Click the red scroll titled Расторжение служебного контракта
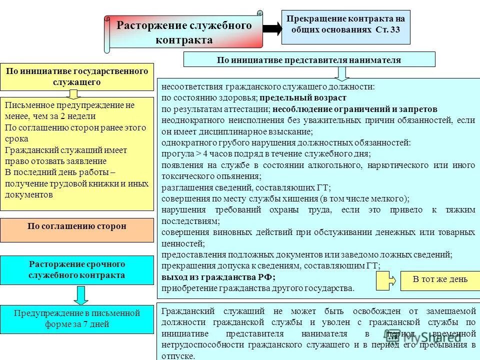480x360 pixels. [184, 32]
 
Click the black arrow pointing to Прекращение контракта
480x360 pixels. [272, 28]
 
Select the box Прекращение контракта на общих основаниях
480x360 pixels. [345, 23]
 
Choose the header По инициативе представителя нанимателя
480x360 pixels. [309, 60]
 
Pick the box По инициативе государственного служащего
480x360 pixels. [77, 76]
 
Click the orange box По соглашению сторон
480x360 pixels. [77, 226]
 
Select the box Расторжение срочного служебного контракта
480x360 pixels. [77, 269]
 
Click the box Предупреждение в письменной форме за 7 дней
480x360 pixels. [77, 318]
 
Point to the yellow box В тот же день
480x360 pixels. [440, 279]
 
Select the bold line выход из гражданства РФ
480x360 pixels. [218, 277]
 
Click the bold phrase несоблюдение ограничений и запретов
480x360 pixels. [355, 109]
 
